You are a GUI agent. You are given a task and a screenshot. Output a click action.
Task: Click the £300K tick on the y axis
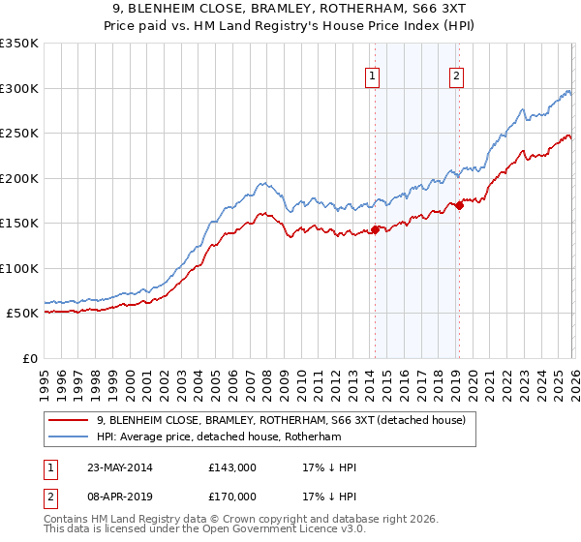19,88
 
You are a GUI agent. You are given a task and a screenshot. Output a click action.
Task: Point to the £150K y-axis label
19,223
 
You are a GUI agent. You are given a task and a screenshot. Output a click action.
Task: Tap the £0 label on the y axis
29,358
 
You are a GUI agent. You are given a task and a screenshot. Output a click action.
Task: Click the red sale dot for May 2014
375,229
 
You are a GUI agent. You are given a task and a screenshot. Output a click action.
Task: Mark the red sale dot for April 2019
458,204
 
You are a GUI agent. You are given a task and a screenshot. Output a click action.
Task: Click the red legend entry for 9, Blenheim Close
281,421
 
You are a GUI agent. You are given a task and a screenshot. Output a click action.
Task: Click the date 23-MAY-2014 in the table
117,467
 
